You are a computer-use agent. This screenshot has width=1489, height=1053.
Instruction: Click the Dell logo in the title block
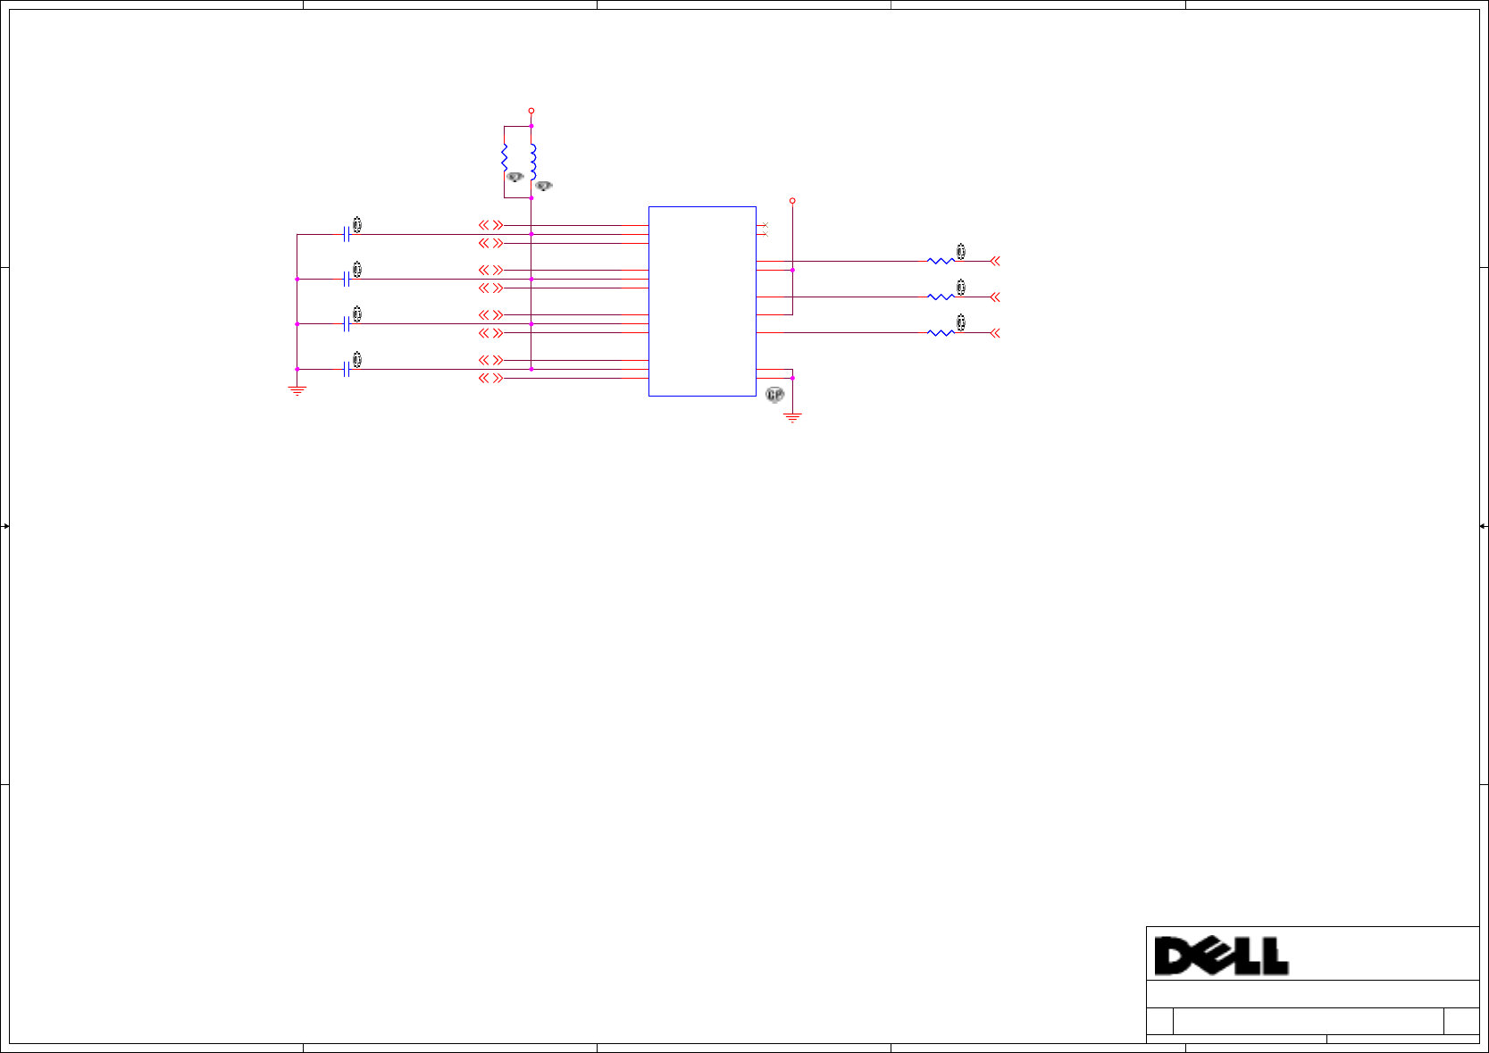[1221, 956]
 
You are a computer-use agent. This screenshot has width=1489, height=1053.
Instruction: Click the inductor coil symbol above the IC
[532, 162]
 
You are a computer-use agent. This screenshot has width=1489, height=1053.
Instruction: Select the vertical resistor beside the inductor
[505, 158]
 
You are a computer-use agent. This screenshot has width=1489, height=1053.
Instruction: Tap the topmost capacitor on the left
[346, 234]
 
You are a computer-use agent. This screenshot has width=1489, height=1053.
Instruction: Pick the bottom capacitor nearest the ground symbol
[346, 369]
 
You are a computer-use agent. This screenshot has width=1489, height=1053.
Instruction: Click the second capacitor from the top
[346, 279]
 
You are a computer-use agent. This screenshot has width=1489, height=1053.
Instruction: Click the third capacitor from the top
[346, 323]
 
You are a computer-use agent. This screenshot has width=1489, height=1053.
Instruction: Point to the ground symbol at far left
[297, 390]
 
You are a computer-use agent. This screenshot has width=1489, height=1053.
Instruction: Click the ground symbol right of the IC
[792, 417]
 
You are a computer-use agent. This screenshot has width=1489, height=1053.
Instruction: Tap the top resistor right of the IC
[941, 261]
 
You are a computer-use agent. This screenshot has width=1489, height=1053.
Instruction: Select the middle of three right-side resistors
[941, 297]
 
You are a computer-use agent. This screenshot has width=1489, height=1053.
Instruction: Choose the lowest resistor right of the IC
[941, 332]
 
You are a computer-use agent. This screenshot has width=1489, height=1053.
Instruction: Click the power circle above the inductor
[531, 111]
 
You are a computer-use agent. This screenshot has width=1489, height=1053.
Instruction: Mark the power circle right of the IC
[792, 201]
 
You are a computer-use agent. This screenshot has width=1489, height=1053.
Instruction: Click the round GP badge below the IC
[774, 395]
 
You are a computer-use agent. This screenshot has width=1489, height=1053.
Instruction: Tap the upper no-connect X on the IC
[765, 225]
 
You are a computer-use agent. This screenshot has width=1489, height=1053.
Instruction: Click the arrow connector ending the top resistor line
[995, 261]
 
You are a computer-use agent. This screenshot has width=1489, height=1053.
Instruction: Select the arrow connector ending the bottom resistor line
[995, 332]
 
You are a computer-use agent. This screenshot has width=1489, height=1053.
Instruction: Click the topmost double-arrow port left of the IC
[490, 225]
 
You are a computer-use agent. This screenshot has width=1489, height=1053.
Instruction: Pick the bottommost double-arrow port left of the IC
[490, 378]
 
